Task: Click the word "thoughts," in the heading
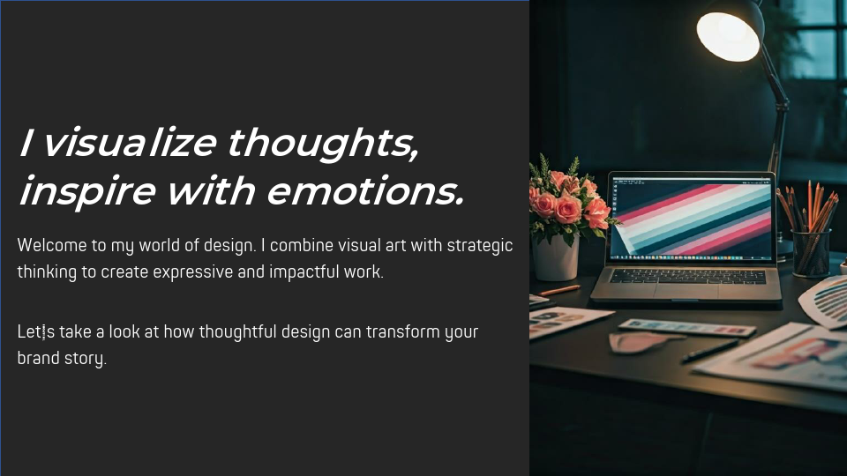[x=323, y=144]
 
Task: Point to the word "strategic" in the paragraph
[x=480, y=245]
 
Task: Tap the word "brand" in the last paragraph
[x=38, y=359]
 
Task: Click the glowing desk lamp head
[x=729, y=31]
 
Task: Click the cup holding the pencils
[x=811, y=251]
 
